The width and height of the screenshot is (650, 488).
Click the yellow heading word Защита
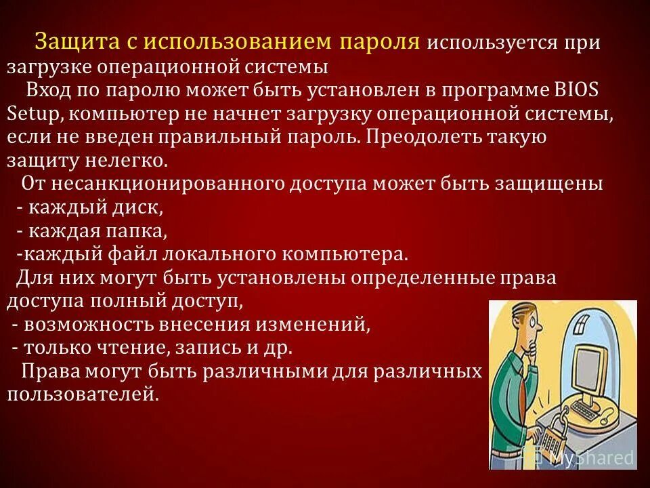click(66, 41)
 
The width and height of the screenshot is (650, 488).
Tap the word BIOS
click(578, 91)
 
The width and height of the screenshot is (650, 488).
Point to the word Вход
click(47, 91)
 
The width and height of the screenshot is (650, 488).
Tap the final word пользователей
click(83, 394)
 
